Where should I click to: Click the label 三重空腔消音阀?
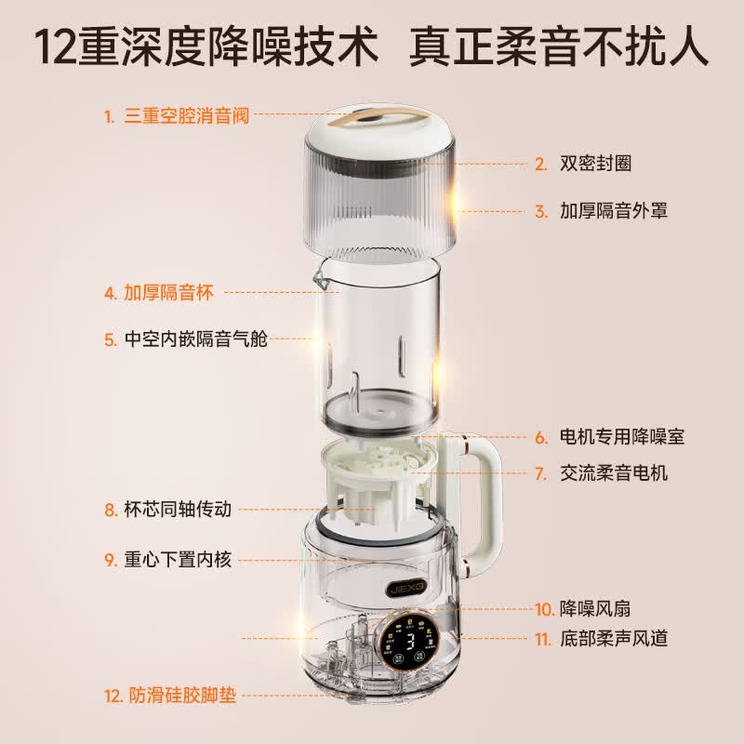click(187, 115)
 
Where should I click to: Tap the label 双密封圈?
click(595, 164)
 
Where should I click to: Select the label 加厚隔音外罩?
click(614, 211)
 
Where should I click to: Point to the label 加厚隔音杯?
click(168, 293)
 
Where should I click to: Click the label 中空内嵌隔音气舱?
click(196, 339)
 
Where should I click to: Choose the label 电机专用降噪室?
click(622, 436)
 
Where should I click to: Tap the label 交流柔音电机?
click(614, 473)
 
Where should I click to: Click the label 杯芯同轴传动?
click(178, 509)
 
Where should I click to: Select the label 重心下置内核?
click(178, 560)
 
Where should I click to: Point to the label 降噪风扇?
click(595, 609)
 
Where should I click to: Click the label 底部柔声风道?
click(614, 639)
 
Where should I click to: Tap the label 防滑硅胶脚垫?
click(182, 696)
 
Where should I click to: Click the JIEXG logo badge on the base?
click(406, 590)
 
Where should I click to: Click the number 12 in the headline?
click(55, 47)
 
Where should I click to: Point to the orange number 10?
click(545, 609)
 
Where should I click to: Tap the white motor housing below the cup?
click(379, 478)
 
